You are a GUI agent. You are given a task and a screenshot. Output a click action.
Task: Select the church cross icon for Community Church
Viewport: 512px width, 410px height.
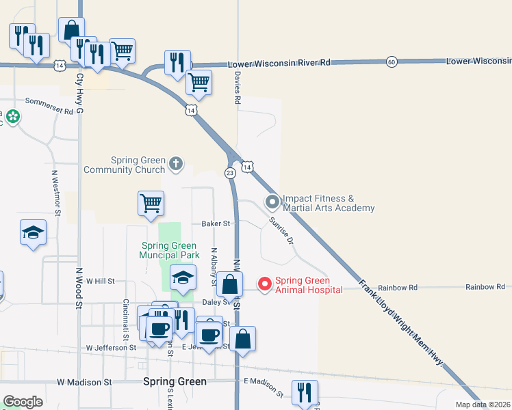pos(176,163)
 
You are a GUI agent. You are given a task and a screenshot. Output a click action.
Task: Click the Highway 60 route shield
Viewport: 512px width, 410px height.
pos(391,61)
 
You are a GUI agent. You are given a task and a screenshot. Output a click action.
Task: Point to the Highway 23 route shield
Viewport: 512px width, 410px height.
pos(230,174)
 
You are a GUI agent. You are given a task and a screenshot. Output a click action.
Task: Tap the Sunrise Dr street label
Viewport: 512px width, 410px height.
pos(281,231)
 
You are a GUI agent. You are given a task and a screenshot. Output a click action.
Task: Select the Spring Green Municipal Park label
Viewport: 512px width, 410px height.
pos(169,251)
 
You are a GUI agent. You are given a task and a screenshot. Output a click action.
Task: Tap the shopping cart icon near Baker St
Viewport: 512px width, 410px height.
pos(151,203)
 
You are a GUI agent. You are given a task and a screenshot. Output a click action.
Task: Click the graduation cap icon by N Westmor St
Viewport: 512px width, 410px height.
pos(34,232)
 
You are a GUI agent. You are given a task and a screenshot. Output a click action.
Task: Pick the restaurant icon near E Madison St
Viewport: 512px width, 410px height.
pos(304,392)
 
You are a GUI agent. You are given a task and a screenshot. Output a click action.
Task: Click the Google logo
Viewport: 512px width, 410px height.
pos(23,402)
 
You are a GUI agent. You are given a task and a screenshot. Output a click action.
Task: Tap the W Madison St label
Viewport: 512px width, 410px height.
pos(84,382)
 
